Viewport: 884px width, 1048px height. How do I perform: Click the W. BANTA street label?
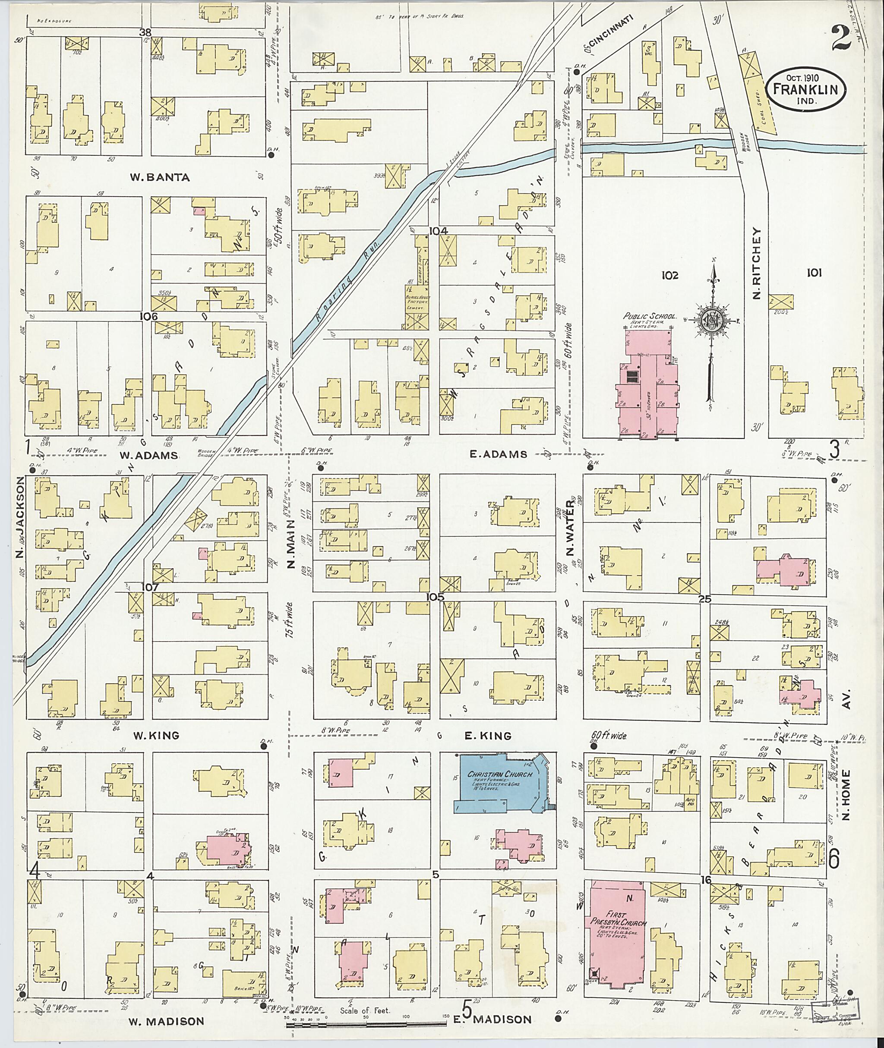click(x=160, y=177)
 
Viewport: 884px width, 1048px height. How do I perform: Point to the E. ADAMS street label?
click(x=498, y=454)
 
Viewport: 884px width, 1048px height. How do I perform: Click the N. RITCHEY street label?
click(x=757, y=264)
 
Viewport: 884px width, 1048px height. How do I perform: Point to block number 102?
click(x=669, y=276)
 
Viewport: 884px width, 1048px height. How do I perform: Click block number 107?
click(x=150, y=587)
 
